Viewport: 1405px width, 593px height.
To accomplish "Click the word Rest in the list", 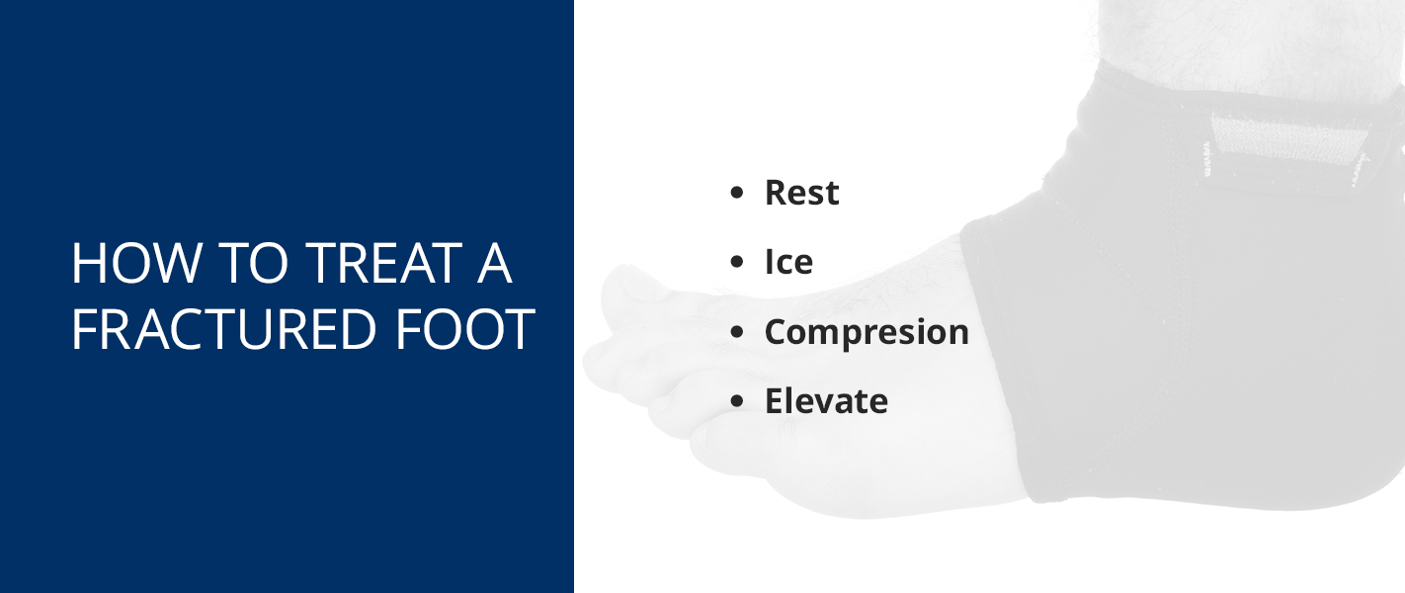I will pos(801,193).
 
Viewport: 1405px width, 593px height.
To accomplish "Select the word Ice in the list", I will pos(788,262).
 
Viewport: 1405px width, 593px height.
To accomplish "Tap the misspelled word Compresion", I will pos(867,332).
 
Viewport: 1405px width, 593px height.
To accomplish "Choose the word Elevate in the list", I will pos(826,401).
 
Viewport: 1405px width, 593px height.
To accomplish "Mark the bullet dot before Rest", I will pos(736,194).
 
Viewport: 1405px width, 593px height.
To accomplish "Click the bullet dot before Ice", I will pos(736,263).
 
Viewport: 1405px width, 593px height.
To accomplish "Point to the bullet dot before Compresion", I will pos(736,332).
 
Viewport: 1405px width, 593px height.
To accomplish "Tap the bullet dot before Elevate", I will pos(736,401).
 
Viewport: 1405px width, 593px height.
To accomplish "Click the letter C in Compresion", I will pos(778,331).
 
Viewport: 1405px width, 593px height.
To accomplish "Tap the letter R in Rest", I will pos(777,193).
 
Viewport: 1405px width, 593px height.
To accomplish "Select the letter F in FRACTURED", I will pos(83,330).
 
